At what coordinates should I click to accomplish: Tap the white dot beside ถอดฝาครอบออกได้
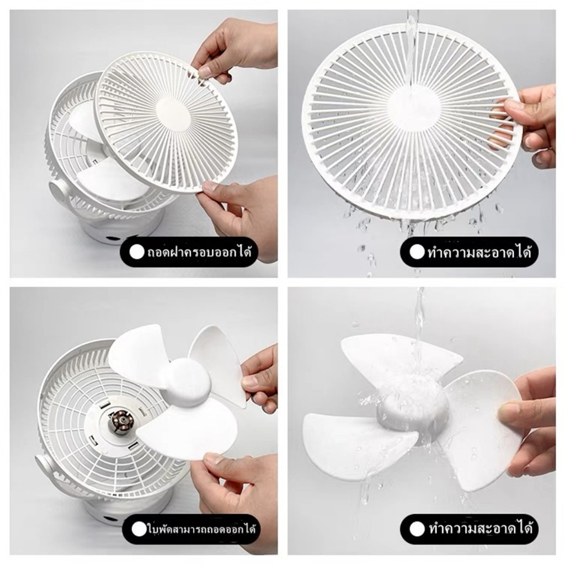pyautogui.click(x=137, y=252)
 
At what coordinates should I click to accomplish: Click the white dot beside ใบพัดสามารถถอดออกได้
pyautogui.click(x=138, y=529)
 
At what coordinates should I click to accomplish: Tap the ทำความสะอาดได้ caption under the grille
pyautogui.click(x=479, y=252)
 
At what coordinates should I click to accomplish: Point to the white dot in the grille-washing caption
pyautogui.click(x=417, y=252)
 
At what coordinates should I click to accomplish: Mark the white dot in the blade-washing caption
pyautogui.click(x=417, y=529)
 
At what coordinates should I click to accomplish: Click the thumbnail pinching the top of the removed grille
pyautogui.click(x=205, y=71)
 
